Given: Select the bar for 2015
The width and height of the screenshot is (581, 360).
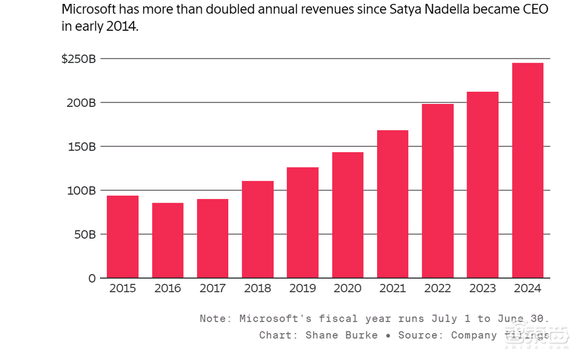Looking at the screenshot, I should coord(123,237).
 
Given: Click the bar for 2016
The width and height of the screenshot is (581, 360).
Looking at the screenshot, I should coord(168,240).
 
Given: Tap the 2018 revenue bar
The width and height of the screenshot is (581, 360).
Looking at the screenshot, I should coord(258,229).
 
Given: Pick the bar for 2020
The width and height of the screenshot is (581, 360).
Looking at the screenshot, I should coord(348,215).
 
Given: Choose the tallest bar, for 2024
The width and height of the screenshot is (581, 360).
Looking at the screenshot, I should coord(528,170).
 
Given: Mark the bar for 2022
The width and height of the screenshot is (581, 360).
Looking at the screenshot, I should coord(437,190).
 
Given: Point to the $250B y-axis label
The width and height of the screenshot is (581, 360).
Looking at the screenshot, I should coord(78,59).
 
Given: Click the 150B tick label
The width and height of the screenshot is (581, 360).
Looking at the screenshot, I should coord(82,147).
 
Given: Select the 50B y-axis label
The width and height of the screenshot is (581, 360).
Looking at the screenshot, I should coord(85,235).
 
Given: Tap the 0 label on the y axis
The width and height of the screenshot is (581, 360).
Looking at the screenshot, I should coord(92,279).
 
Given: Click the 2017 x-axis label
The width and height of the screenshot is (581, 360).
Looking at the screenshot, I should coord(213,289).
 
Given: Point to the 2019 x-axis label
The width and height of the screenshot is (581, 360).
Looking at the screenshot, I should coord(303,289).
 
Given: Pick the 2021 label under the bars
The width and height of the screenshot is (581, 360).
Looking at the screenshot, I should coord(393,289).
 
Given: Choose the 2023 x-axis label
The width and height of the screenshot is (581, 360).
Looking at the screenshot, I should coord(482,289).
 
